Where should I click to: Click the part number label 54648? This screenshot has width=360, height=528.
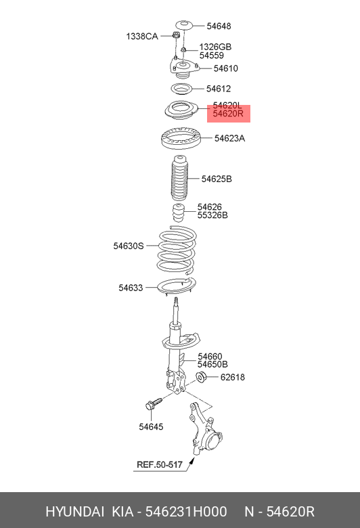coord(219,26)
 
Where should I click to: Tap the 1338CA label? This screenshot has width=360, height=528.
coord(142,36)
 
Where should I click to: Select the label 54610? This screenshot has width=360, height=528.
coord(225,68)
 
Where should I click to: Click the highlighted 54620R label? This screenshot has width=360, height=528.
coord(227,114)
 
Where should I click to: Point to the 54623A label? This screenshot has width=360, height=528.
coord(229,138)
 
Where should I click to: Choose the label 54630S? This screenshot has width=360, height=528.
coord(129,246)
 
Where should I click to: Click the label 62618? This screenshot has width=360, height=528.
coord(232,377)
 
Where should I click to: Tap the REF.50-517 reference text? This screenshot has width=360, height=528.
coord(159,464)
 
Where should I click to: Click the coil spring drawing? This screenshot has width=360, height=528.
coord(177,250)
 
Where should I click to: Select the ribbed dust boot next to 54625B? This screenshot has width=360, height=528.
coord(179,178)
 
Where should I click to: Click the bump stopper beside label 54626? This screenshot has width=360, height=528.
coord(179,213)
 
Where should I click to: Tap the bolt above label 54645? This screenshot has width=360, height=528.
coord(154,403)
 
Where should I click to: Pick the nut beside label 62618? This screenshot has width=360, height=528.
coord(201,377)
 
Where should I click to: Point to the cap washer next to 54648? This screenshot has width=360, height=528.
coord(184,25)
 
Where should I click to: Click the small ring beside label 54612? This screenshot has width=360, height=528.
coord(181,89)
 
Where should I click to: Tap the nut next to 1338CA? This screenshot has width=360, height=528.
coord(175,35)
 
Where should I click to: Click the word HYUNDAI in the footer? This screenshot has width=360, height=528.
coord(74,512)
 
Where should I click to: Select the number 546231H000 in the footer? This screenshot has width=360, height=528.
coord(186,512)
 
